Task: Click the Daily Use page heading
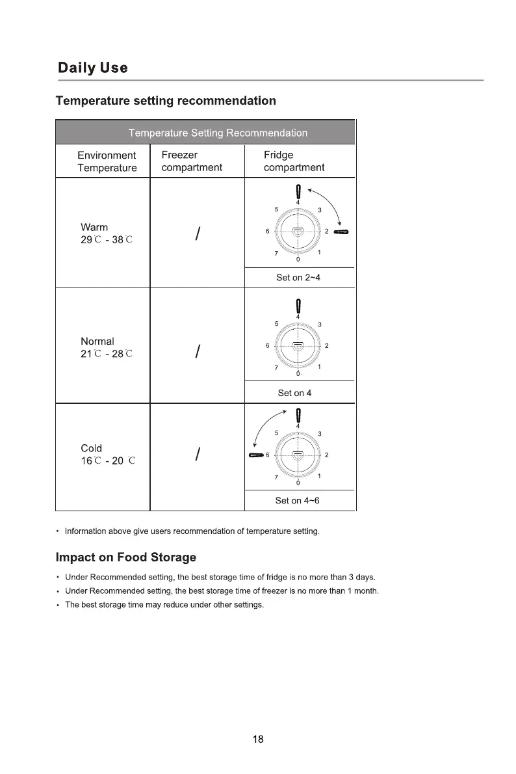(x=93, y=68)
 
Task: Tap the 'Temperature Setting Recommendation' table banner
(x=218, y=133)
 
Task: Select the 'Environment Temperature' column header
(x=107, y=161)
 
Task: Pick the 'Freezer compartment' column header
(x=192, y=161)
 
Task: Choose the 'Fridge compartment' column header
(x=294, y=161)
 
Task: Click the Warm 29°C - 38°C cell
(x=106, y=233)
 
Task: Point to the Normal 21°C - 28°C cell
(x=106, y=347)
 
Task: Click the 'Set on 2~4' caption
(x=298, y=278)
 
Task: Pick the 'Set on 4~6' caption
(x=298, y=500)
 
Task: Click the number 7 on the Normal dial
(x=276, y=368)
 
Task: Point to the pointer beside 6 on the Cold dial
(x=255, y=455)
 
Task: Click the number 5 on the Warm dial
(x=276, y=209)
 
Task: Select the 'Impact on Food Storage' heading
(x=126, y=557)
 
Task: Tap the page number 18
(x=258, y=739)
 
